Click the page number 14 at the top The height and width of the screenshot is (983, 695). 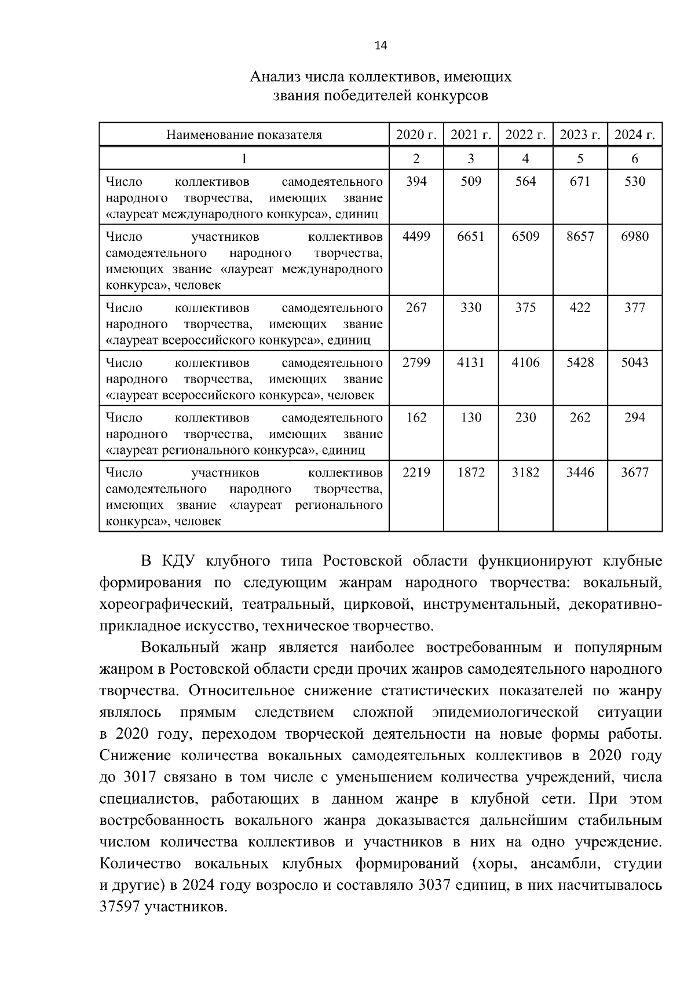(381, 46)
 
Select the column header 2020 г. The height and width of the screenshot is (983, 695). (416, 135)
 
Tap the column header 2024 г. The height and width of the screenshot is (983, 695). (635, 135)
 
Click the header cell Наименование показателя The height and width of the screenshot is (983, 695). (244, 135)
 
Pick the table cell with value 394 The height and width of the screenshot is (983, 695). (416, 182)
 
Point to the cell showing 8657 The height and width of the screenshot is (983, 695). (580, 237)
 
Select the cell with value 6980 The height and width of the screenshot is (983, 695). (635, 237)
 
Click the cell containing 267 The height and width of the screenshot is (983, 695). (416, 308)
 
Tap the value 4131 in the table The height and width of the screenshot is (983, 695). (470, 363)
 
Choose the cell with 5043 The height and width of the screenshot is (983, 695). (635, 363)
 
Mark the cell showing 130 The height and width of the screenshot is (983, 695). (470, 418)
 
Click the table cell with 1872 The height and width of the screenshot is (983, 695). (470, 473)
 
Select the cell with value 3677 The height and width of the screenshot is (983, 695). (635, 473)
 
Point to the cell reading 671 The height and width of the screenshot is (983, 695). (580, 182)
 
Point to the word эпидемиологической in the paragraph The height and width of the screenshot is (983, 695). (505, 711)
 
